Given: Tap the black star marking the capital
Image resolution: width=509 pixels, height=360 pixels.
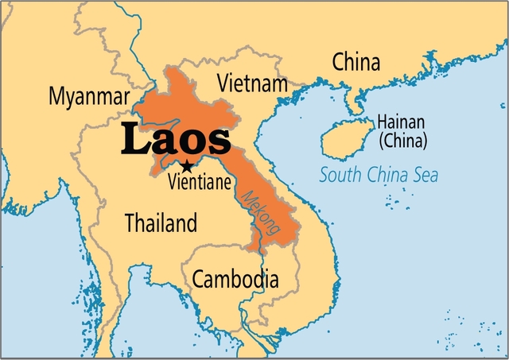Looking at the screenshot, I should (x=186, y=167).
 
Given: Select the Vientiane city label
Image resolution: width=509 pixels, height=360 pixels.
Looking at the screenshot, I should (x=201, y=182).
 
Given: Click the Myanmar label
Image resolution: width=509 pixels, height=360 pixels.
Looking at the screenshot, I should (x=88, y=97).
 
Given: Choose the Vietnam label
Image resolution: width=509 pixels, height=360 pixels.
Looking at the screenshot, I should (x=252, y=83).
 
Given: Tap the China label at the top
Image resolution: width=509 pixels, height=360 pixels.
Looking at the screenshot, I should (x=356, y=61).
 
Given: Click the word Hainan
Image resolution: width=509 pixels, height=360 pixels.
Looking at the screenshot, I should (x=401, y=122).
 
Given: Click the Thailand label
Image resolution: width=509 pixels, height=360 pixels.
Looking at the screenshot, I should (x=161, y=223).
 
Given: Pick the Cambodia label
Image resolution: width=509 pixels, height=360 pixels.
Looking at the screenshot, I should (x=235, y=279).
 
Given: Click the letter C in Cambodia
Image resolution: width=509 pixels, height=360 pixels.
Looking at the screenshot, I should (x=199, y=279).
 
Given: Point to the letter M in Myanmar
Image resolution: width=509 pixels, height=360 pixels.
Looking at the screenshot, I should (x=56, y=97).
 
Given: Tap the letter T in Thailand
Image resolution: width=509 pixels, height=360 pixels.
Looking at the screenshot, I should (x=130, y=223).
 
